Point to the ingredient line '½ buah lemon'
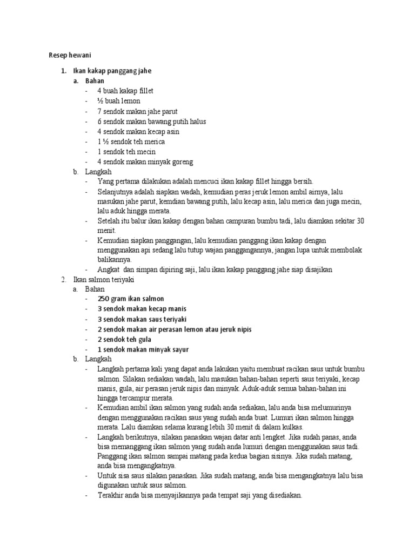119,101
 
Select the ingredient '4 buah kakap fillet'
126,91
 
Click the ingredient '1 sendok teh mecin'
127,152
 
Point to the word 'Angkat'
108,269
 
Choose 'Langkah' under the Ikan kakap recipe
98,172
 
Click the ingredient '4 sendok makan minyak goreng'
145,162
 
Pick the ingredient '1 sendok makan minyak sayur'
143,349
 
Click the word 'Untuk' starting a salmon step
106,476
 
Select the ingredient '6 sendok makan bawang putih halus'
152,122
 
